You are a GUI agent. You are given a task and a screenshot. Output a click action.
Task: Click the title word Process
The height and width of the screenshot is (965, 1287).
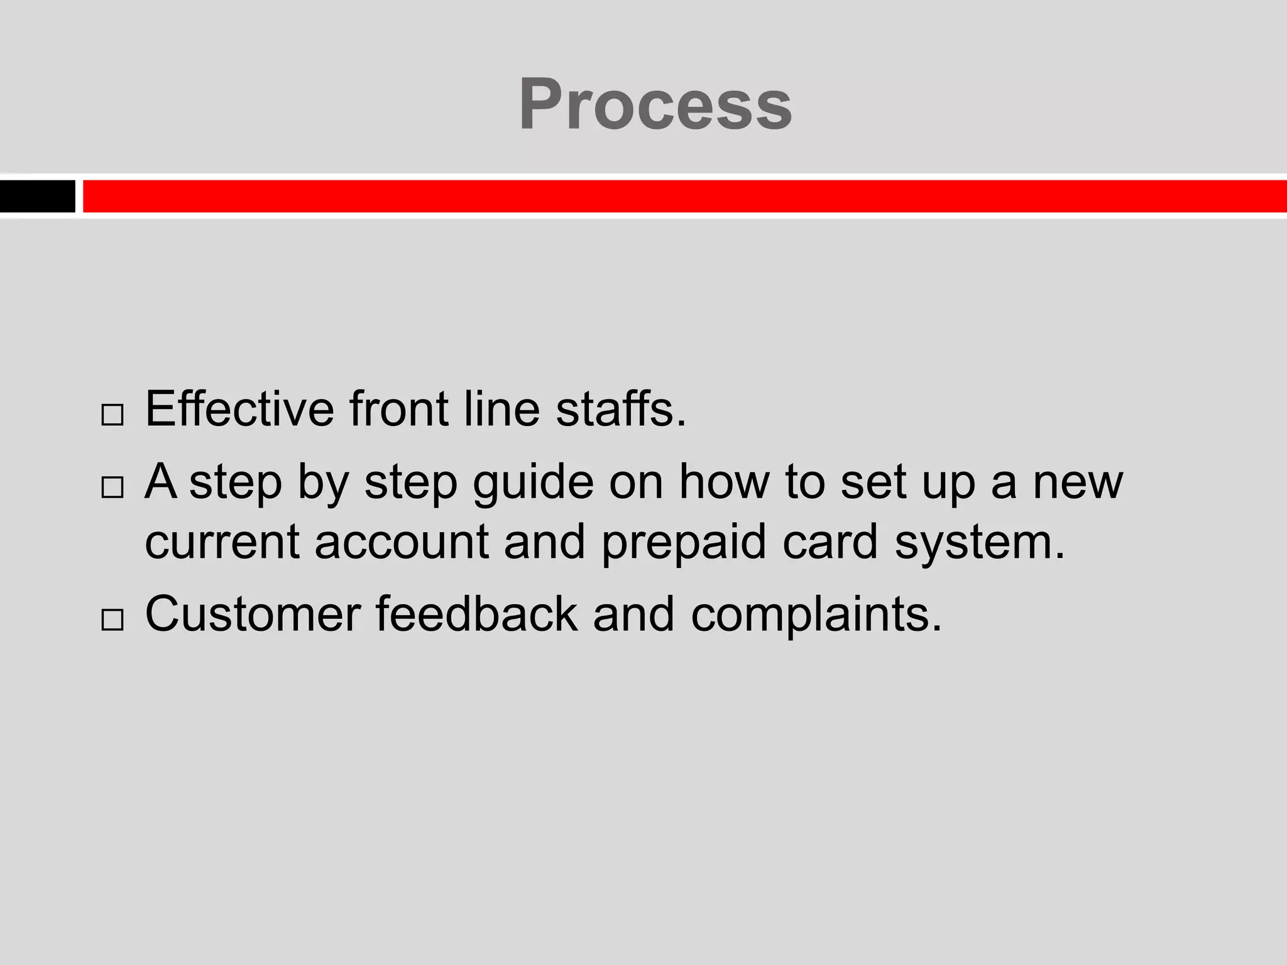pos(655,104)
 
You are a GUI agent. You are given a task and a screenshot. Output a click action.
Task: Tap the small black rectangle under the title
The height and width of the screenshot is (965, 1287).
pos(37,196)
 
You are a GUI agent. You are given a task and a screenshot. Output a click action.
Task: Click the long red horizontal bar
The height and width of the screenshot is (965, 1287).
pos(684,196)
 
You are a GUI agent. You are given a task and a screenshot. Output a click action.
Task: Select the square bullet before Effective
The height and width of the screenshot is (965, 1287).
pos(112,415)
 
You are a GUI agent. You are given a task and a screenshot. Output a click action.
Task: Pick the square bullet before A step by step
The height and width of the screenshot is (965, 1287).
pos(112,487)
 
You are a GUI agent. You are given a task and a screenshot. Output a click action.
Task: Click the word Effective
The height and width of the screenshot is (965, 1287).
pos(239,409)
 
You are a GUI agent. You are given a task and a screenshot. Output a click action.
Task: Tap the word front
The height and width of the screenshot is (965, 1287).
pos(399,409)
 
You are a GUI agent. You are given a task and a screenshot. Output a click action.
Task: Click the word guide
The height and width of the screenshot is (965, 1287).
pos(533,482)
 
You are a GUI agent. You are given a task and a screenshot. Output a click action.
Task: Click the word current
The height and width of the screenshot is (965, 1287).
pos(222,542)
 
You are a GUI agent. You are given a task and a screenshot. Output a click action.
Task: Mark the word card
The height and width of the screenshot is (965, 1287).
pos(830,542)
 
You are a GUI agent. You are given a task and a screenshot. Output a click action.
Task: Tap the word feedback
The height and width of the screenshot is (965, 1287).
pos(476,614)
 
